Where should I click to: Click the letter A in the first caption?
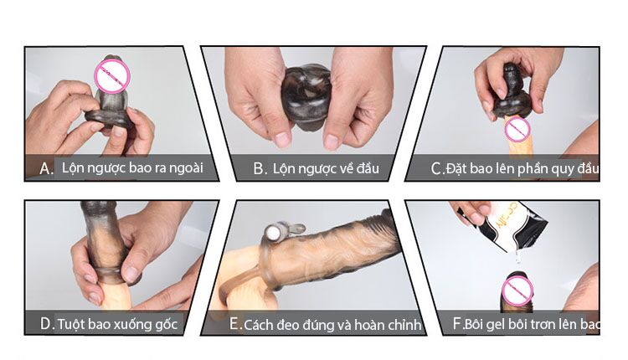coord(47,168)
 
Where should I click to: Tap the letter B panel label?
coord(260,168)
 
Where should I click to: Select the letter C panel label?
coord(436,169)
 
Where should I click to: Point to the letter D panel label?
coord(47,323)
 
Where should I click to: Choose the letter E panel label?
coord(235,324)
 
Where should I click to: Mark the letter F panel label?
coord(456,323)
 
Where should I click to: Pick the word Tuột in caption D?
coord(73,323)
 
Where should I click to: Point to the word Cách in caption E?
coord(260,324)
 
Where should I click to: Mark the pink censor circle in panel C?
coord(518,129)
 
